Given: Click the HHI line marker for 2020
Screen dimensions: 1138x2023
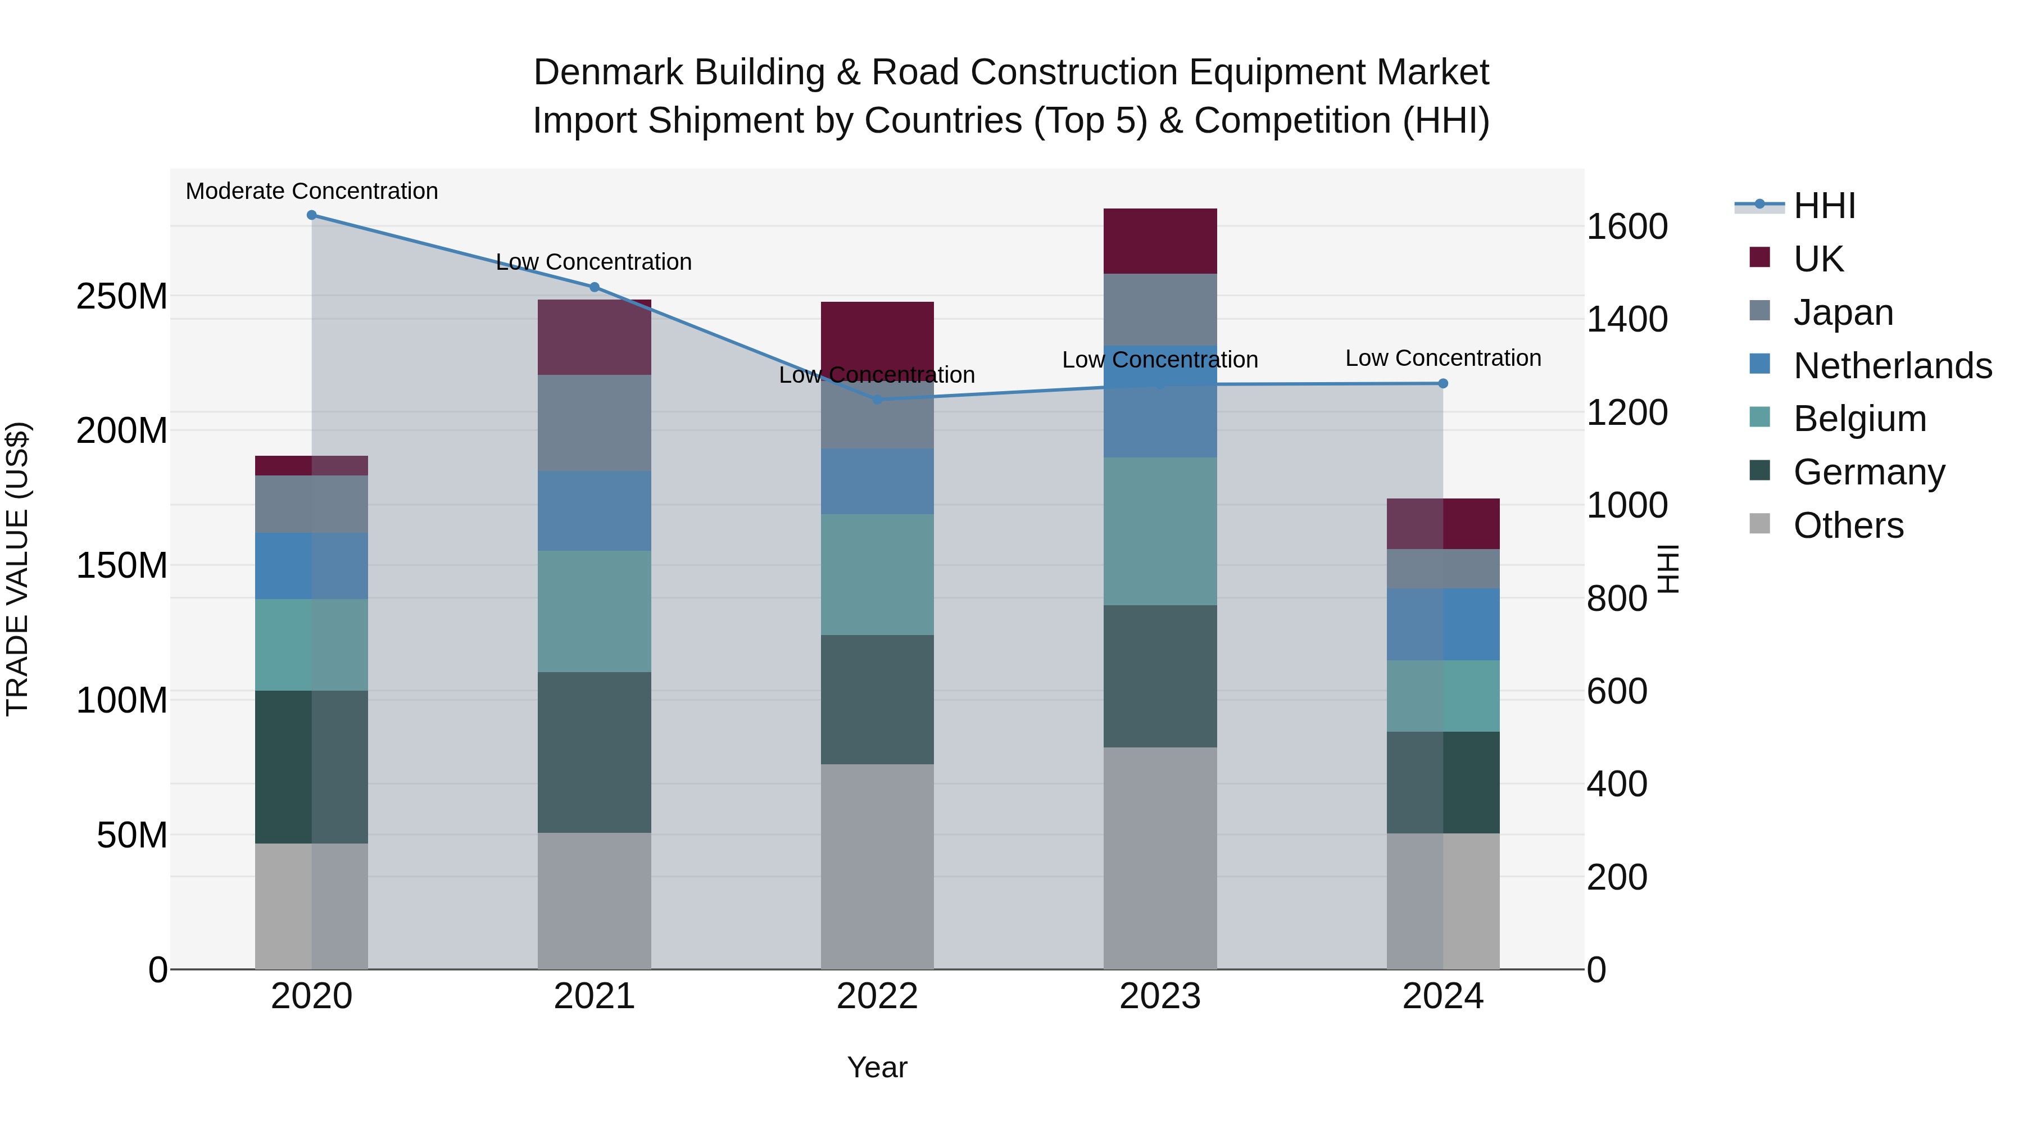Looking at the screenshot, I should (312, 215).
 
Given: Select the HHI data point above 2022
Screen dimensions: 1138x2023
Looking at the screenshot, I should (877, 399).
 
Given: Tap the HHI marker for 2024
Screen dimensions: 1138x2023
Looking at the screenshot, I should (1443, 383).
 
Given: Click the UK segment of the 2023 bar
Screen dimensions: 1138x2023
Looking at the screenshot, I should (1160, 241).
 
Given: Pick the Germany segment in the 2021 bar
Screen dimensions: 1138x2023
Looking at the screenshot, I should (595, 752).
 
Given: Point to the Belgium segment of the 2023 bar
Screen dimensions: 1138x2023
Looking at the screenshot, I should (1160, 531).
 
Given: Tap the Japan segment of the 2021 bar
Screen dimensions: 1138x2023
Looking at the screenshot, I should (595, 423).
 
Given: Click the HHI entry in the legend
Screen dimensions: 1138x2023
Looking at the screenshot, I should (1824, 206).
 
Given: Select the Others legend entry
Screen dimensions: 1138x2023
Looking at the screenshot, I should (1848, 525).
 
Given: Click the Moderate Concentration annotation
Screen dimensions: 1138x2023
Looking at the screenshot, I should (312, 191).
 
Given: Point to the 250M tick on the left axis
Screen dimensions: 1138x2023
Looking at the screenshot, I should (122, 297).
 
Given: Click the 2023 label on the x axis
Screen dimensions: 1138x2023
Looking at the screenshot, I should (1160, 996).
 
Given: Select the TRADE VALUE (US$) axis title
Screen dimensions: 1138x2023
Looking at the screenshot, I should (17, 569).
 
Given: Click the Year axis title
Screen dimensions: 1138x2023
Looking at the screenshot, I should (877, 1067).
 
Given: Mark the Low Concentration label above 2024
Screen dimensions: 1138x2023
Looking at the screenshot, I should (1443, 358).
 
